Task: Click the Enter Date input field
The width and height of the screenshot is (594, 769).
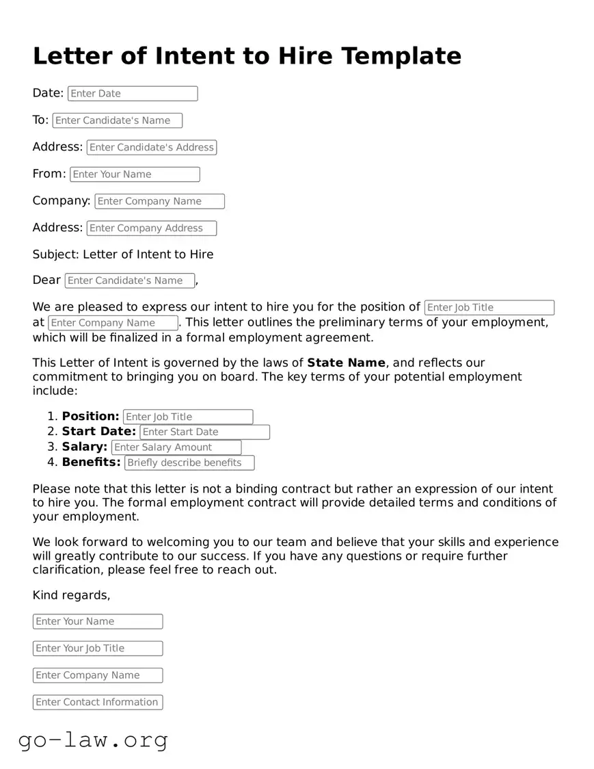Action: pyautogui.click(x=132, y=94)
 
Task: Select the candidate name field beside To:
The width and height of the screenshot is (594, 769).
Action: pyautogui.click(x=117, y=120)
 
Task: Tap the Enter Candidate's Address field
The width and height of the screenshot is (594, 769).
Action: pyautogui.click(x=152, y=147)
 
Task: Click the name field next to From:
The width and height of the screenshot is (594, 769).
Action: pyautogui.click(x=135, y=174)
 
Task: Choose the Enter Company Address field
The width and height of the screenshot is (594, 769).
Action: pyautogui.click(x=151, y=229)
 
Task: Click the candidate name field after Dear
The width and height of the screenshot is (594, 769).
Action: pyautogui.click(x=129, y=281)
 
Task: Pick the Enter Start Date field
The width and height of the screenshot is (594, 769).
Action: pyautogui.click(x=204, y=432)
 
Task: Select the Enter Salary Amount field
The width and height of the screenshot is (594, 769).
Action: pyautogui.click(x=176, y=447)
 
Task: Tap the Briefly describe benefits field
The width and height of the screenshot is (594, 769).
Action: pyautogui.click(x=189, y=463)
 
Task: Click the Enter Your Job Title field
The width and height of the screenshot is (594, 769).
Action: pyautogui.click(x=98, y=649)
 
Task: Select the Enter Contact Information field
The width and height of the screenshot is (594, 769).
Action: pyautogui.click(x=98, y=703)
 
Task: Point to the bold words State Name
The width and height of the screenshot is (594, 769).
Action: pyautogui.click(x=346, y=363)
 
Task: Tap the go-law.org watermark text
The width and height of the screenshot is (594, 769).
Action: pyautogui.click(x=93, y=740)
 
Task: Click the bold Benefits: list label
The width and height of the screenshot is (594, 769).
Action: pyautogui.click(x=91, y=462)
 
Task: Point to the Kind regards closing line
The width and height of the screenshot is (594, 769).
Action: pyautogui.click(x=71, y=595)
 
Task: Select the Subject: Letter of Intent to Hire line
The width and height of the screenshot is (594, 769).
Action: pyautogui.click(x=123, y=255)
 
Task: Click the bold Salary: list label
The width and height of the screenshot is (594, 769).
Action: pyautogui.click(x=84, y=447)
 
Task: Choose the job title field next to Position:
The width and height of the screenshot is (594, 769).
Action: pyautogui.click(x=188, y=417)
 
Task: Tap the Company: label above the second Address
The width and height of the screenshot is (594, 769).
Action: pyautogui.click(x=62, y=201)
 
